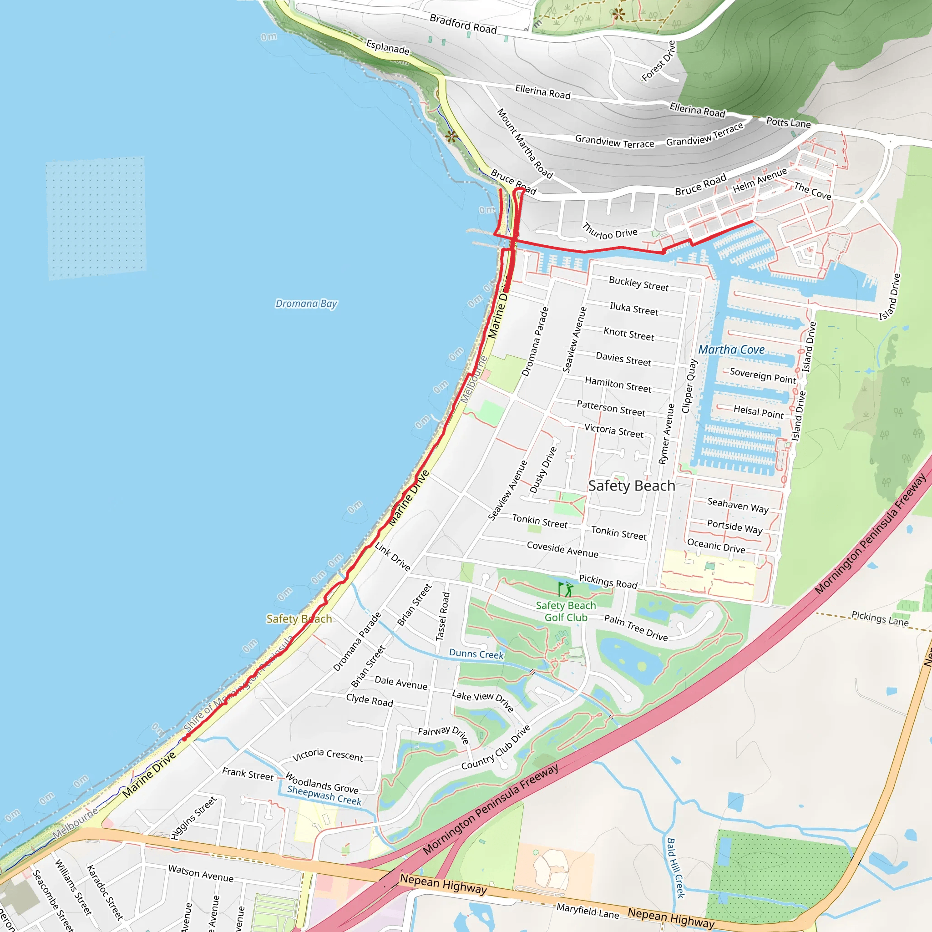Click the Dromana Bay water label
pyautogui.click(x=306, y=304)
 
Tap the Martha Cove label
pyautogui.click(x=731, y=350)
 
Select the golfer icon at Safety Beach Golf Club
pyautogui.click(x=566, y=589)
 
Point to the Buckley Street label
pyautogui.click(x=638, y=284)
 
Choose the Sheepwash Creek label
pyautogui.click(x=324, y=795)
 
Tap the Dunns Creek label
pyautogui.click(x=476, y=654)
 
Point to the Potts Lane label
pyautogui.click(x=788, y=122)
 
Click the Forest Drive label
pyautogui.click(x=659, y=61)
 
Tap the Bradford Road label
pyautogui.click(x=463, y=24)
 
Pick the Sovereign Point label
pyautogui.click(x=763, y=375)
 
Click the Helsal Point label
pyautogui.click(x=758, y=411)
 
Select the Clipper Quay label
pyautogui.click(x=689, y=386)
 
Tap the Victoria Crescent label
pyautogui.click(x=328, y=755)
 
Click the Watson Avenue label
pyautogui.click(x=201, y=874)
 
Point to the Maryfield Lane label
pyautogui.click(x=588, y=911)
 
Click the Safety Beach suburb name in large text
pyautogui.click(x=632, y=486)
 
